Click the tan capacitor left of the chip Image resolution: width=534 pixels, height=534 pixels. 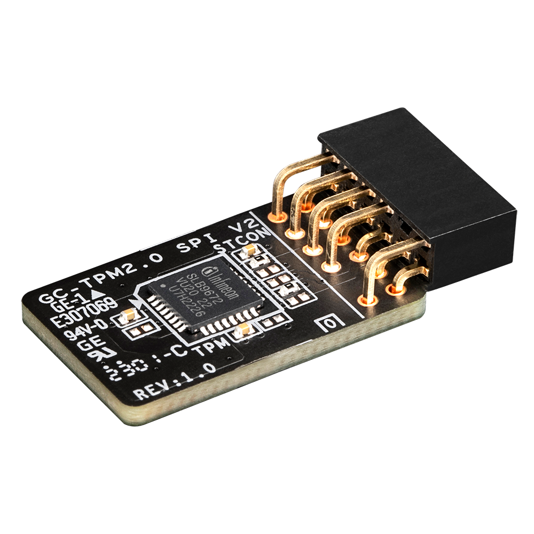pyautogui.click(x=130, y=316)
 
